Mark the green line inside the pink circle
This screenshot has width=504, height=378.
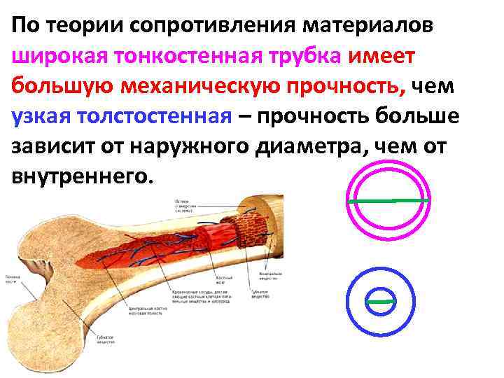coord(388,201)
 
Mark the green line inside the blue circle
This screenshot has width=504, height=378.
coord(381,302)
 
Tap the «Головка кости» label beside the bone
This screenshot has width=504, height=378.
coord(13,281)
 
